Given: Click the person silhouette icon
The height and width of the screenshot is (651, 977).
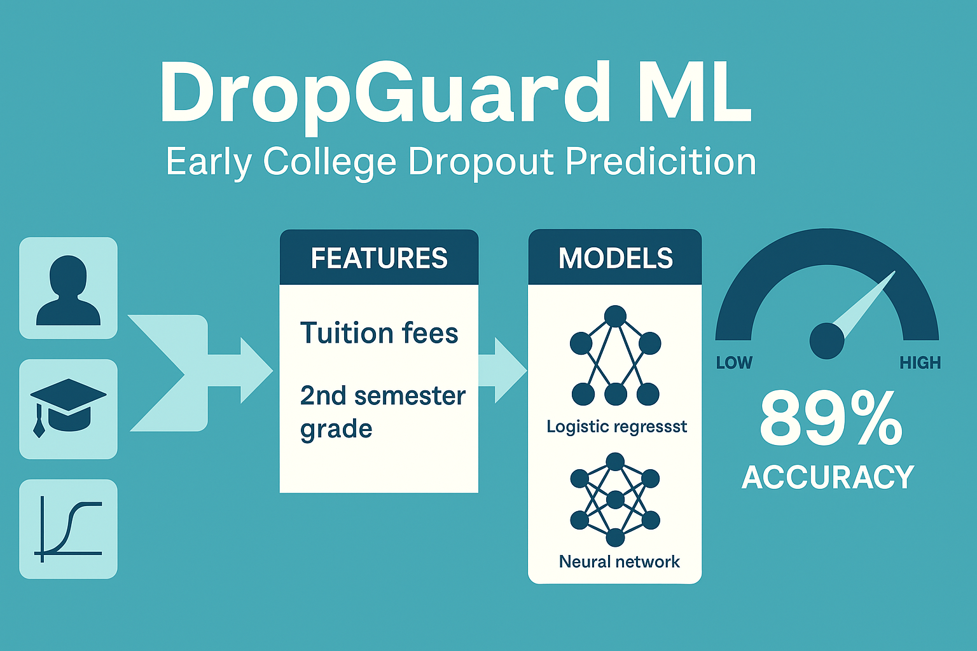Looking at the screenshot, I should (68, 289).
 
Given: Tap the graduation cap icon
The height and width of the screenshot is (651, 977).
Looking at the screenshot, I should (68, 408).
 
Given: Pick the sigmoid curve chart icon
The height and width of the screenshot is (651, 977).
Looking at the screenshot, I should (68, 530).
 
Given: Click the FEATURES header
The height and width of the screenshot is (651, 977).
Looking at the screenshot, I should (379, 258).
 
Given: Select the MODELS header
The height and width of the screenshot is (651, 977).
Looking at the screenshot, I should (615, 258).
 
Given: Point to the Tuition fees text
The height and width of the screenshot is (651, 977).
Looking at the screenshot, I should (379, 333).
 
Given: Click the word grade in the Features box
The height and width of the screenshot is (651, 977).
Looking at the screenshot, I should (336, 430).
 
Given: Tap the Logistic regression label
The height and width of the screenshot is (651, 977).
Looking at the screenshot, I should (616, 426).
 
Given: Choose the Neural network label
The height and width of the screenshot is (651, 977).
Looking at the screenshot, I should (619, 561).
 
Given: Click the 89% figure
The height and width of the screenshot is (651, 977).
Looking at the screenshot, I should (830, 419).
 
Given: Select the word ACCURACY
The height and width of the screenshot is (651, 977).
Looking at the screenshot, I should (828, 477).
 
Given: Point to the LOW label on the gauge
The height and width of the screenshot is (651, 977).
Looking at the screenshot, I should (734, 363).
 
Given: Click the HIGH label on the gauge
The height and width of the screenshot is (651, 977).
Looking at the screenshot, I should (920, 363).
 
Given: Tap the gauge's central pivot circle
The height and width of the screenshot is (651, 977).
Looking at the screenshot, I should (826, 340).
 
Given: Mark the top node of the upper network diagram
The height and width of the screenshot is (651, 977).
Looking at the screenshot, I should (615, 316).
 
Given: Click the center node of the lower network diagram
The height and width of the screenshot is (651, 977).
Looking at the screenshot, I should (615, 500).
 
